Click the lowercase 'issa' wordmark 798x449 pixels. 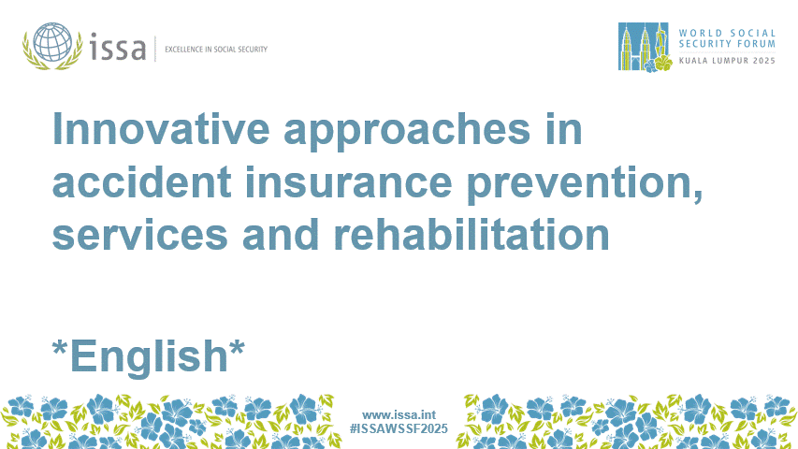pos(118,47)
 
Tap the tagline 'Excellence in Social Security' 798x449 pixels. pos(216,49)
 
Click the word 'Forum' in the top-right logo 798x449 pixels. pos(757,42)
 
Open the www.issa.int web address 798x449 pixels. pos(399,414)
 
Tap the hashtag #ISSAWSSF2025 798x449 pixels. pos(399,428)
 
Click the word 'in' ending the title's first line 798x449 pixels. pos(564,130)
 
